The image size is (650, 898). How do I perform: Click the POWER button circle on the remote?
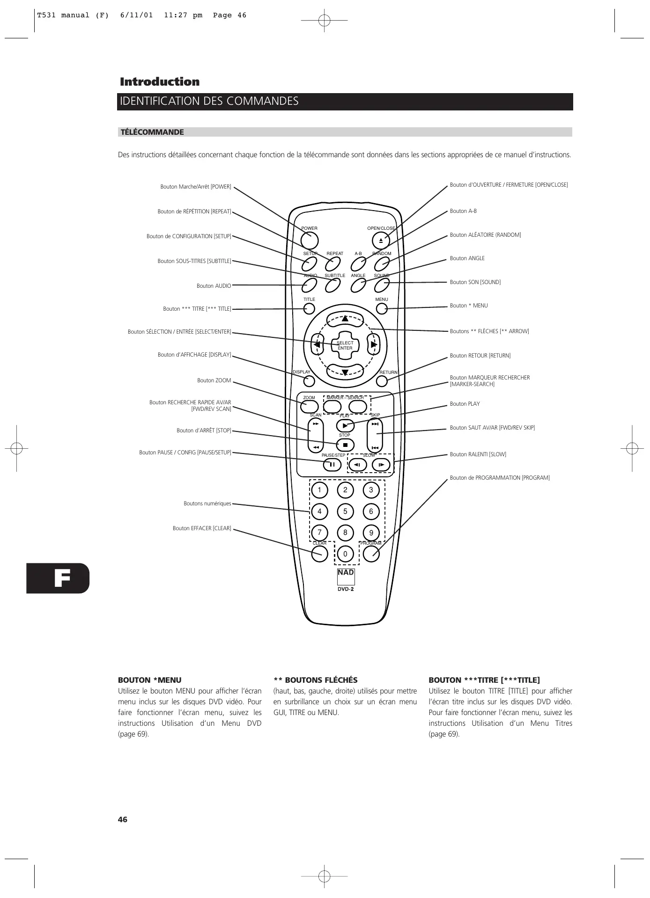(310, 241)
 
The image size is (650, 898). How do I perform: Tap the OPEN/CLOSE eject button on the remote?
(381, 241)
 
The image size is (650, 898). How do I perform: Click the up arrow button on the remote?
(345, 319)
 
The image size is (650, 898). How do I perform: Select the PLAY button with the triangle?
(345, 425)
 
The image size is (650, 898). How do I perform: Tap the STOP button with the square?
(345, 445)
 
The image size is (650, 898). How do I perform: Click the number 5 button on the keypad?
(345, 511)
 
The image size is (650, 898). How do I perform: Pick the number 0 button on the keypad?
(346, 555)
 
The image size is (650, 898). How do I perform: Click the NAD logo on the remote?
(346, 573)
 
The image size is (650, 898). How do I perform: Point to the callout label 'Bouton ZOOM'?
(214, 381)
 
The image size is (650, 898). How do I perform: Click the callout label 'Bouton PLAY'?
(465, 404)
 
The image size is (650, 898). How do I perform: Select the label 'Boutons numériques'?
(207, 504)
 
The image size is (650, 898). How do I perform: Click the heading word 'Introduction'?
(160, 82)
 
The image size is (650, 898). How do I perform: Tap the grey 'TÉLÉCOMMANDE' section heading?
(152, 132)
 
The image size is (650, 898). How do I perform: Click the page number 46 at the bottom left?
(123, 820)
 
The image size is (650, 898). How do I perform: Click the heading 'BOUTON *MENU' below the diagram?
(149, 680)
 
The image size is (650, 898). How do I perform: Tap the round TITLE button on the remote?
(309, 309)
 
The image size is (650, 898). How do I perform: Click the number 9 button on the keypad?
(371, 533)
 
